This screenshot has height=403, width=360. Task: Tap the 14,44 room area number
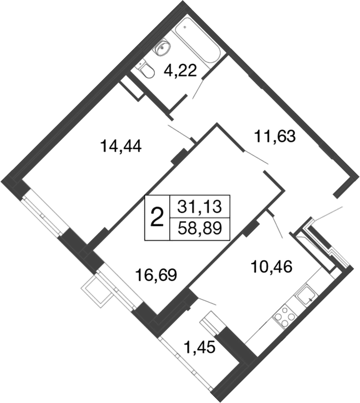(121, 146)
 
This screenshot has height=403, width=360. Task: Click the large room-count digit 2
(157, 217)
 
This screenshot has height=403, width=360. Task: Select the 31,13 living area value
(199, 207)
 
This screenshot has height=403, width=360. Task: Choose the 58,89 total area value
(199, 228)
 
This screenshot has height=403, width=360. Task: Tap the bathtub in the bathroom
(197, 41)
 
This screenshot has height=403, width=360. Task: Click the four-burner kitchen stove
(284, 316)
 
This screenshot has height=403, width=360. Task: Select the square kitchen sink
(306, 296)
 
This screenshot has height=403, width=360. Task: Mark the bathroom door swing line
(198, 89)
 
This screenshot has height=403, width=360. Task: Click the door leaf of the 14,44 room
(180, 132)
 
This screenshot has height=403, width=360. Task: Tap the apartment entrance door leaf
(329, 213)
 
